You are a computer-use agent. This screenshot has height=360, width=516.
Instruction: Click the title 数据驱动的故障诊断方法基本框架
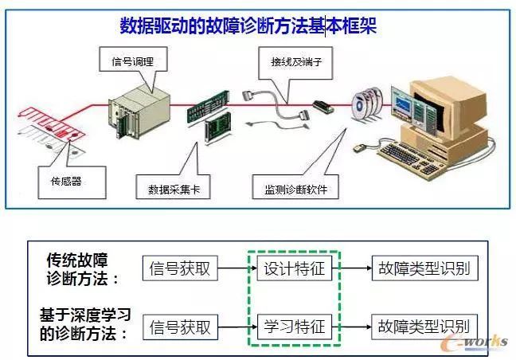[x=248, y=26]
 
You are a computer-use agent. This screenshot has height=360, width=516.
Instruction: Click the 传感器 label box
[x=61, y=180]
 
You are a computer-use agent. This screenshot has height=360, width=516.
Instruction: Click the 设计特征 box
[x=295, y=268]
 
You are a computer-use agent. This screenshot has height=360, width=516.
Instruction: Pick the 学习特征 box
[x=295, y=327]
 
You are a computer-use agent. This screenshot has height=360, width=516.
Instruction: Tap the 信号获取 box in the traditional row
[x=180, y=268]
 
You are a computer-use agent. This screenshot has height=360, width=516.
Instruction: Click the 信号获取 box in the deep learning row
[x=180, y=327]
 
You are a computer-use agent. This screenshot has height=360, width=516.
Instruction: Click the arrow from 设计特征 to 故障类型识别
[x=351, y=268]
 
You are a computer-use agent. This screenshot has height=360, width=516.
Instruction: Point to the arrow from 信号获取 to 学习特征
[x=236, y=327]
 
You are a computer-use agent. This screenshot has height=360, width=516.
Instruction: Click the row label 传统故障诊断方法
[x=83, y=268]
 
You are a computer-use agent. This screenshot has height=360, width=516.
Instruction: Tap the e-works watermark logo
[x=479, y=341]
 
